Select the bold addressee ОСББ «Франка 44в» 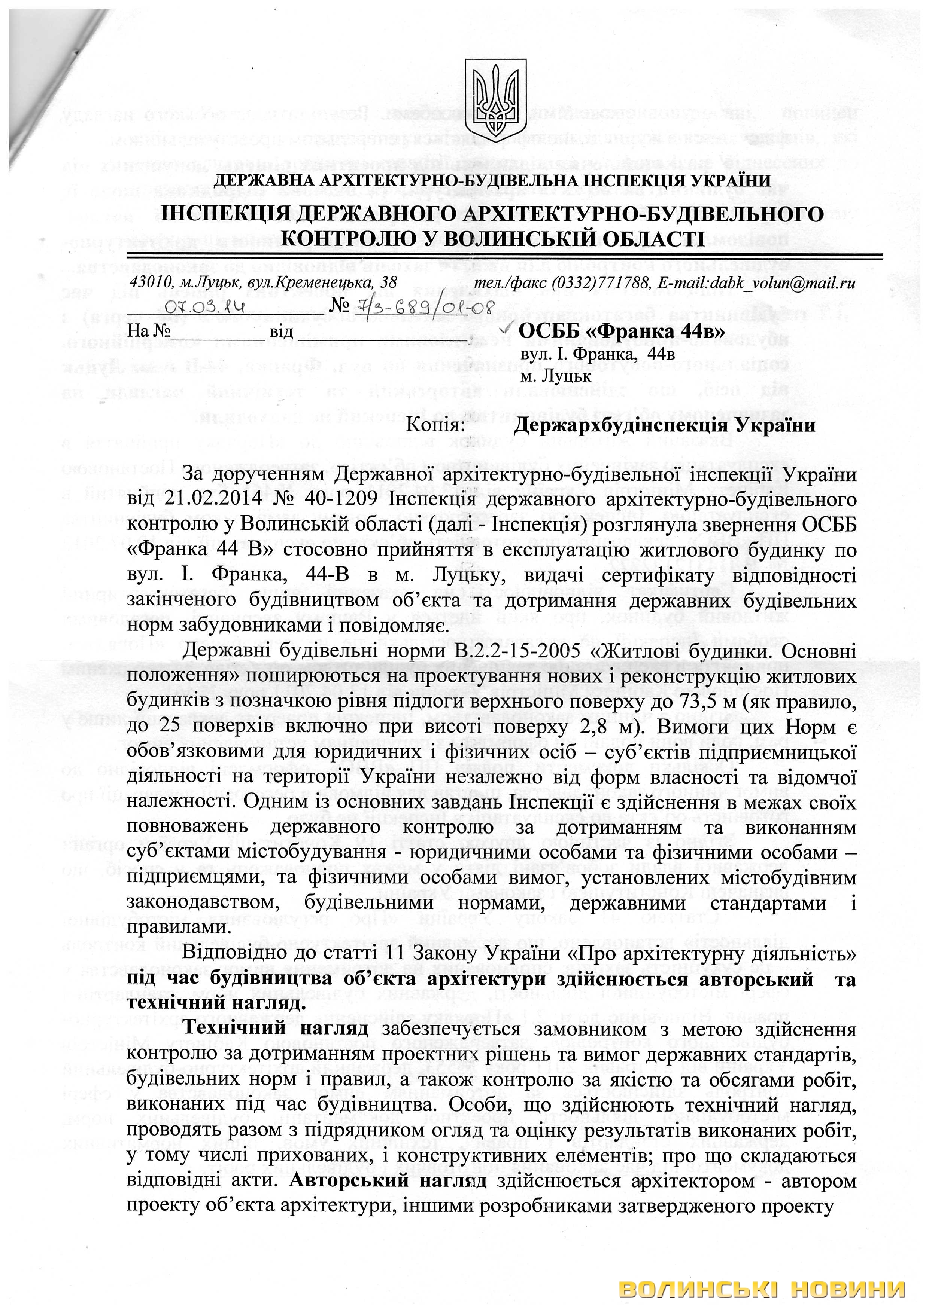622,331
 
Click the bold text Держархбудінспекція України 664,426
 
